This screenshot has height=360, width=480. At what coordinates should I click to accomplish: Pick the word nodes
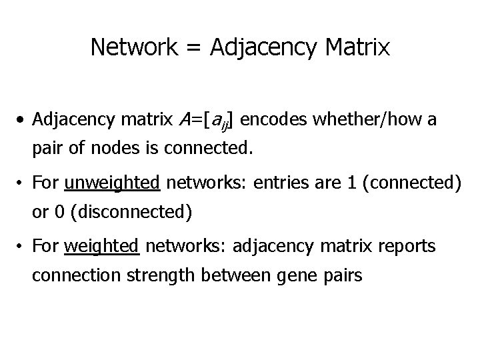pos(109,148)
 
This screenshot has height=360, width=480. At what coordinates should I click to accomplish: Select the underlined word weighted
pos(102,247)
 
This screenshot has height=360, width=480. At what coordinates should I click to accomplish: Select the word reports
pos(408,247)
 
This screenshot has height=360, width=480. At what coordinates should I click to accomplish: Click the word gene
pos(285,276)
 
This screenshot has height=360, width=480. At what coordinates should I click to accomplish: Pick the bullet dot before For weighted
pos(22,247)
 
